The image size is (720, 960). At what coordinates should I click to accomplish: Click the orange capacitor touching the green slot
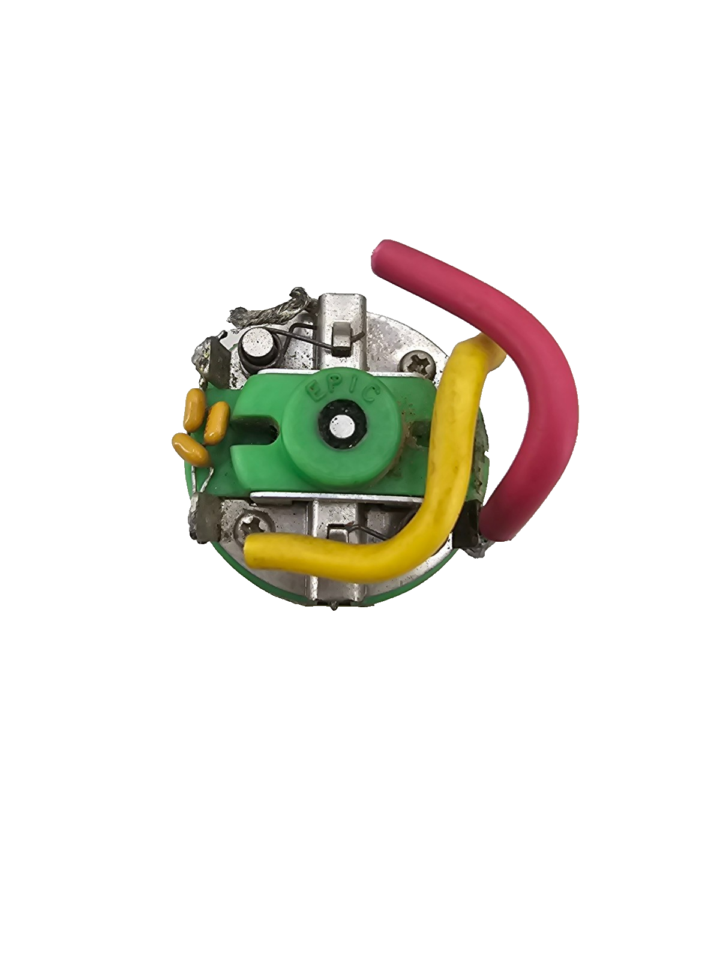217,422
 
